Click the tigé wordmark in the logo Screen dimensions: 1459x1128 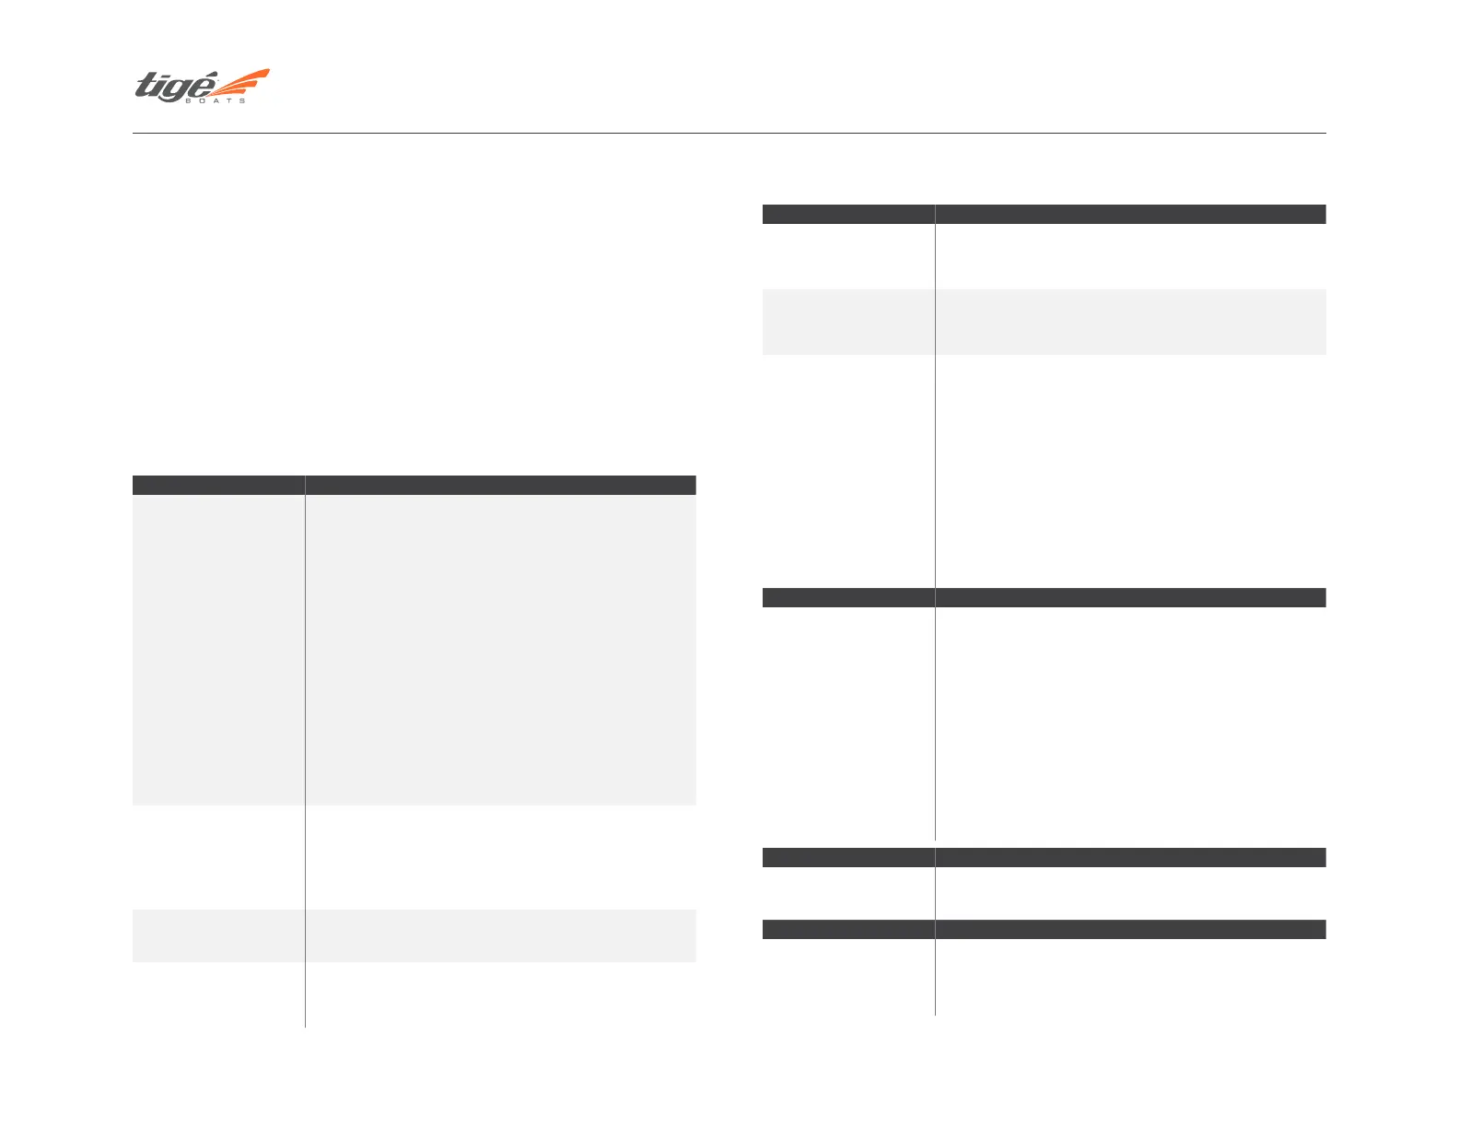[175, 87]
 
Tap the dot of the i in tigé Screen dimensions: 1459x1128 [166, 76]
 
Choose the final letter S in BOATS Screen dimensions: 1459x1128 [243, 100]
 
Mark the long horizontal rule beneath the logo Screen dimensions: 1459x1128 [729, 134]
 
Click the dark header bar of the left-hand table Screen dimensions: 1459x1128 [414, 485]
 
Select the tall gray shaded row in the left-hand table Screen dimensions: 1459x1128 [414, 650]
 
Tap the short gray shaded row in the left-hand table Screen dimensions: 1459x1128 [414, 935]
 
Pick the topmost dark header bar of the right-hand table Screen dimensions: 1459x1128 [1044, 214]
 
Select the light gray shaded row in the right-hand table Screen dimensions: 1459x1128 [1044, 322]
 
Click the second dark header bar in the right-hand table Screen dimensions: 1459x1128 [1044, 597]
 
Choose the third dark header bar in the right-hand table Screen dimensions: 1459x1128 [1044, 857]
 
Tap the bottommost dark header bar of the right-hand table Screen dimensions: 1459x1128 [1044, 929]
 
